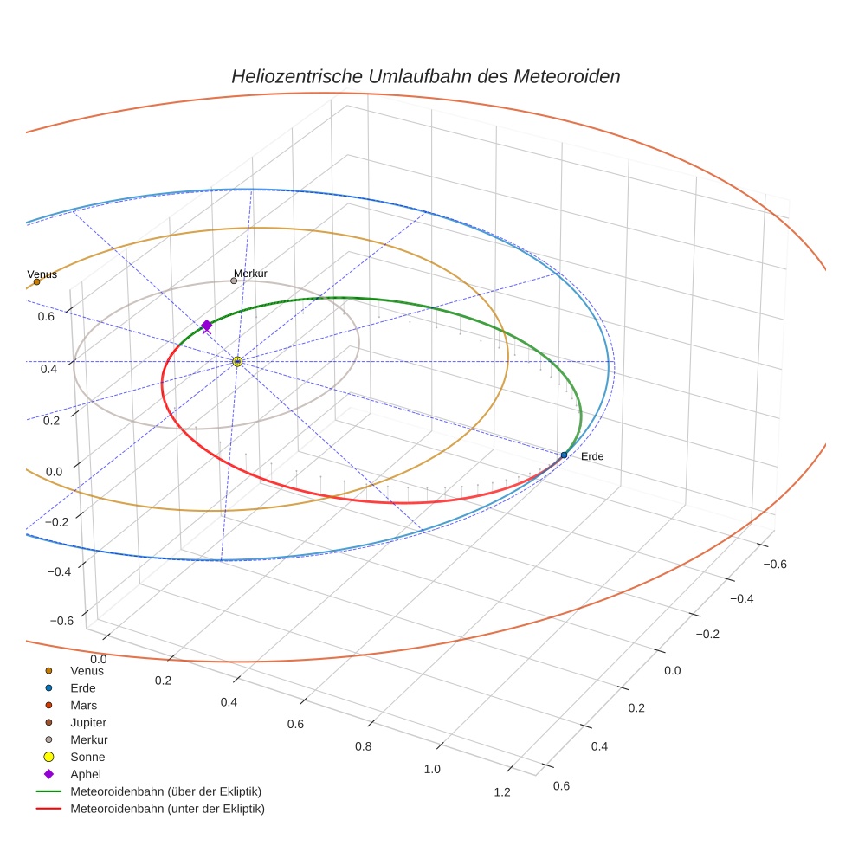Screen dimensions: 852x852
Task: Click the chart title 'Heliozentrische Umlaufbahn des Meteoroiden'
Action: (x=425, y=76)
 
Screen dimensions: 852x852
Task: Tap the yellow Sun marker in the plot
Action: (x=237, y=361)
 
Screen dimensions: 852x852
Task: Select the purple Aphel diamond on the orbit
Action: (x=207, y=325)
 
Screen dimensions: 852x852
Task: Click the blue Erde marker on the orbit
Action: (x=564, y=455)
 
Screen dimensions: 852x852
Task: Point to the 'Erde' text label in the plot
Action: (x=592, y=456)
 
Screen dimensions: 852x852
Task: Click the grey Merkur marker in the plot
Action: (x=234, y=281)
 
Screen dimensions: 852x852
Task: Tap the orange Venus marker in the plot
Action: (x=36, y=281)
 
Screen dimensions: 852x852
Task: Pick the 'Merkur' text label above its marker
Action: (x=250, y=274)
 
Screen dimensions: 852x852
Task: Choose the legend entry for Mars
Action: (x=83, y=705)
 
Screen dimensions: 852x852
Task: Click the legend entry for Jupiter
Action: (x=88, y=722)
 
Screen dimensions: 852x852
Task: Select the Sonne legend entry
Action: (x=87, y=757)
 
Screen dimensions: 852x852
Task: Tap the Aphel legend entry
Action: (x=86, y=774)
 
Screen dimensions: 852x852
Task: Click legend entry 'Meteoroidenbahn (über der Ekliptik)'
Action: (x=165, y=791)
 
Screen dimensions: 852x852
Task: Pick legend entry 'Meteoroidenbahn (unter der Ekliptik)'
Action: (x=167, y=809)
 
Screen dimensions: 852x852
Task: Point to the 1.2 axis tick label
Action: (x=501, y=792)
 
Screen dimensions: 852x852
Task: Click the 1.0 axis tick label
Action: (x=432, y=769)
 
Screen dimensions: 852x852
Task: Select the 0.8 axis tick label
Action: (x=363, y=746)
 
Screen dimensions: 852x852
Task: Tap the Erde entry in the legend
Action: (x=83, y=687)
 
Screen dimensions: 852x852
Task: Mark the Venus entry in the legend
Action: (x=87, y=670)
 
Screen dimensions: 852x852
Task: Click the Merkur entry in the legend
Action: (x=88, y=739)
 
